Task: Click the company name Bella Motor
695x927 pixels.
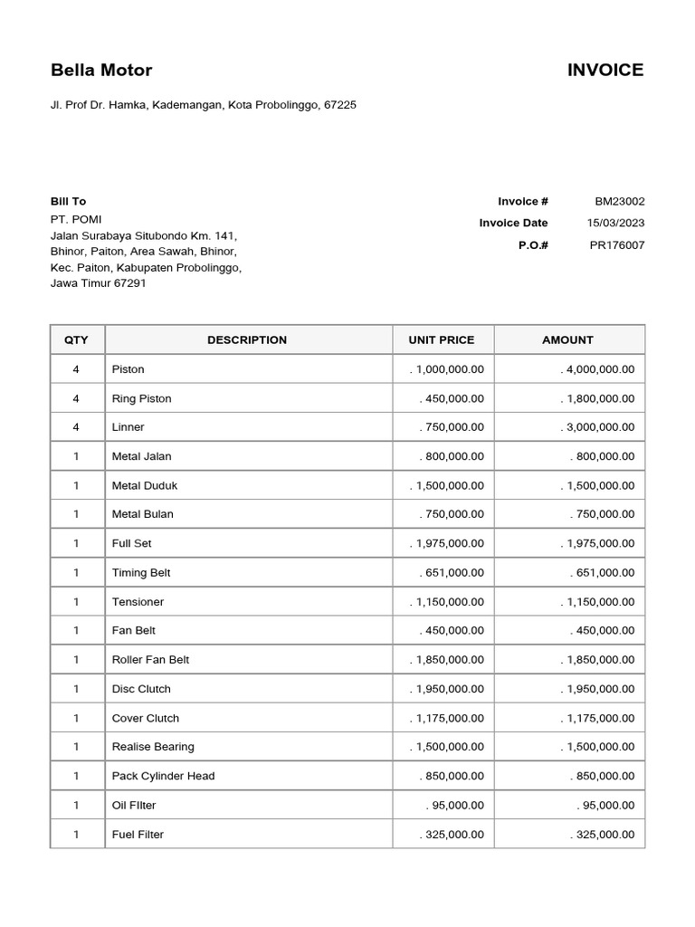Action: [x=101, y=71]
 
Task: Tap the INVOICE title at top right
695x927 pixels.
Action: [x=605, y=71]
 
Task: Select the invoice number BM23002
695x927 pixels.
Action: [x=619, y=202]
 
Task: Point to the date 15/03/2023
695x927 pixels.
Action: [x=615, y=224]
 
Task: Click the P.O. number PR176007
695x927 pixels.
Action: [x=617, y=245]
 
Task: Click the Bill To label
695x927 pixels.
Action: [x=68, y=202]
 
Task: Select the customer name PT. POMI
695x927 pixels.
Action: [x=76, y=219]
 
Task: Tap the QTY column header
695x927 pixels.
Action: [x=77, y=340]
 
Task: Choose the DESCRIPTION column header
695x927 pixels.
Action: [x=247, y=340]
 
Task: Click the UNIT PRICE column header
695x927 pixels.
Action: [x=441, y=340]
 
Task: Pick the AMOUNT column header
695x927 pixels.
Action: [x=567, y=340]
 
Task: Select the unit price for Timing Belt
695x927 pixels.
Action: [x=452, y=573]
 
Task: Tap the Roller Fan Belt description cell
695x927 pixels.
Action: [x=150, y=660]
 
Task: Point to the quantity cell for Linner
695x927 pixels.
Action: [x=77, y=427]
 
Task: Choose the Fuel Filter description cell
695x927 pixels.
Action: [x=138, y=835]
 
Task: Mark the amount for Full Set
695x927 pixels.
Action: [x=597, y=544]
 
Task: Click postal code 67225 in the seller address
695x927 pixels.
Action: [x=340, y=105]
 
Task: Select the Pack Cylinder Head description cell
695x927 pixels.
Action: [x=163, y=777]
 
